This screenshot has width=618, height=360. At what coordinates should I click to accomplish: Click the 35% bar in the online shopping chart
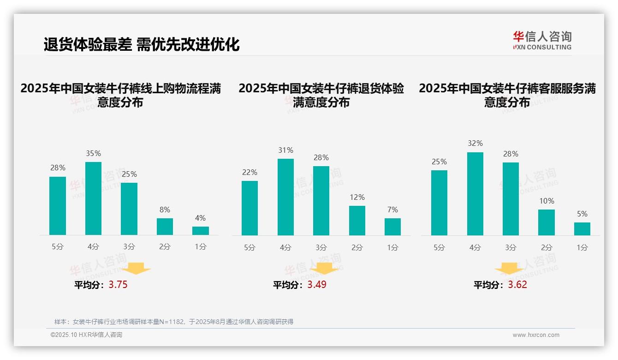pos(93,198)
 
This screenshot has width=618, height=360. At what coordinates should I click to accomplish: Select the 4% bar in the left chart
pos(200,230)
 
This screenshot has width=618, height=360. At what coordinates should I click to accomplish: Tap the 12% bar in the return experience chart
pos(357,220)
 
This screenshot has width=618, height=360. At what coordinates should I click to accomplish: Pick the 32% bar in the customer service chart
pos(475,194)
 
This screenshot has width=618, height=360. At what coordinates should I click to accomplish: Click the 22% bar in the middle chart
pos(250,208)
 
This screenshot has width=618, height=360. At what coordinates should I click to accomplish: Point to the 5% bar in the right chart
pos(582,228)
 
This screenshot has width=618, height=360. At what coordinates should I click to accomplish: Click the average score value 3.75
pos(118,285)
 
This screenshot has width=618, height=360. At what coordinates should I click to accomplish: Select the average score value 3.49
pos(317,285)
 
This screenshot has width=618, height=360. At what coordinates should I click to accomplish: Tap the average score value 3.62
pos(517,285)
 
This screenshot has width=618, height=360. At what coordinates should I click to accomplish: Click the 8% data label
pos(165,209)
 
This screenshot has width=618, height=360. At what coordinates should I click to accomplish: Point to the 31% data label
pos(285,150)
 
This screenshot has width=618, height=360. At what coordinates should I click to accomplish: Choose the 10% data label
pos(547,201)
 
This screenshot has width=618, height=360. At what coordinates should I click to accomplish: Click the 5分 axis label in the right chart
pos(439,247)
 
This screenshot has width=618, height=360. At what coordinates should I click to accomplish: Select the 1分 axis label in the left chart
pos(200,247)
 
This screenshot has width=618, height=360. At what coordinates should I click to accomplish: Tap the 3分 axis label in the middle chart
pos(321,247)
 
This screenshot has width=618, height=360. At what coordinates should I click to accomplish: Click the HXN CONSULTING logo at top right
pos(542,40)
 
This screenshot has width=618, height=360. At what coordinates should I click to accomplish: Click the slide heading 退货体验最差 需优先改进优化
pos(142,44)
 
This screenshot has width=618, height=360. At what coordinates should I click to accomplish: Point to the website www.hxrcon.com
pos(536,335)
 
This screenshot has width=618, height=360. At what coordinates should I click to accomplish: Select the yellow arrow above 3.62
pos(509,269)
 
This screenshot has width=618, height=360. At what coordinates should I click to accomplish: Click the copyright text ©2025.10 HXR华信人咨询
pos(86,335)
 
